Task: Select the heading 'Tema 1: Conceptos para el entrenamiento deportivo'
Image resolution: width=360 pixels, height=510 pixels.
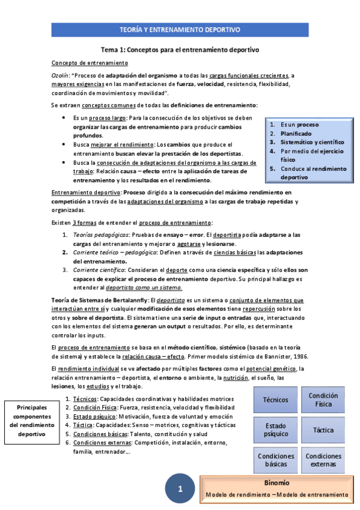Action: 180,50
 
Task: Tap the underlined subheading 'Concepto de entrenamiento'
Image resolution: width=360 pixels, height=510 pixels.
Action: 89,63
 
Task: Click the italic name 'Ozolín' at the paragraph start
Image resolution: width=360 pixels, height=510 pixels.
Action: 61,76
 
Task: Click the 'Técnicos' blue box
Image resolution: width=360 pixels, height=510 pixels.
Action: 275,400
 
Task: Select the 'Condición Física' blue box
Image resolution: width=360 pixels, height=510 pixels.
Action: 323,400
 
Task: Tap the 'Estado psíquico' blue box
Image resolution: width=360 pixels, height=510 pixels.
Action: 275,430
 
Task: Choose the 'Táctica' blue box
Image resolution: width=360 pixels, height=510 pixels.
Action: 323,430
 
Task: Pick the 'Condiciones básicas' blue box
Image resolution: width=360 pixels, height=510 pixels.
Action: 275,460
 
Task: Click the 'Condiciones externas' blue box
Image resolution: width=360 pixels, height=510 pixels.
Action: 323,460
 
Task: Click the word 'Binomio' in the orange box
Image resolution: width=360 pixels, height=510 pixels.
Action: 276,483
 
